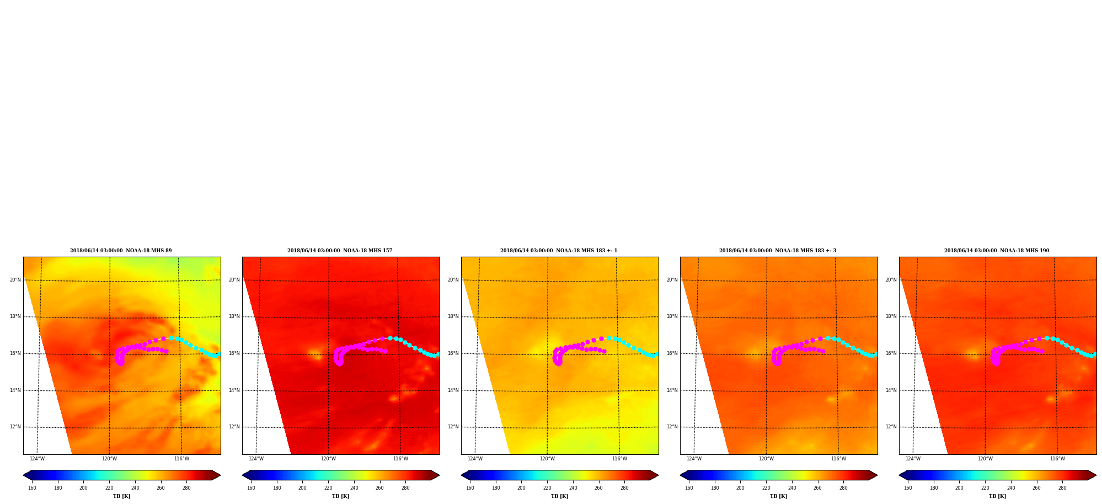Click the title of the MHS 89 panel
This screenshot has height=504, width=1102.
[121, 251]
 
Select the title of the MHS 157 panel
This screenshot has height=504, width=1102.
[340, 251]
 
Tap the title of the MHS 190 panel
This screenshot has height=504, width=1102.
[997, 251]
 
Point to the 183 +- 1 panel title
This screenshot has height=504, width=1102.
[559, 251]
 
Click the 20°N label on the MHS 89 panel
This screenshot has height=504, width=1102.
[15, 280]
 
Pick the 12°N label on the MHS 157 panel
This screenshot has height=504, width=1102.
[234, 427]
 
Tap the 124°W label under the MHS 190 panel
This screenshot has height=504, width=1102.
[913, 459]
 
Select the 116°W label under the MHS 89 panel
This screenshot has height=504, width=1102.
[181, 459]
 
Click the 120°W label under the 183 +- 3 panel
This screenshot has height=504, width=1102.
[766, 459]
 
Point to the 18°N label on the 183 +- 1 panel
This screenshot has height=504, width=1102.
[453, 317]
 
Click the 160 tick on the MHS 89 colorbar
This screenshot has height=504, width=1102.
[32, 488]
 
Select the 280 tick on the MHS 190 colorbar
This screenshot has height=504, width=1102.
[1062, 488]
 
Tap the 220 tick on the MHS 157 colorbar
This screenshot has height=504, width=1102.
[328, 488]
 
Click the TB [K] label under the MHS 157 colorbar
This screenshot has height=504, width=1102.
[340, 496]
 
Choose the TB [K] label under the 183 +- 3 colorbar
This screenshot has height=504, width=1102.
[778, 496]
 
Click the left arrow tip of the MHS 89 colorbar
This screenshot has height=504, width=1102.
[23, 475]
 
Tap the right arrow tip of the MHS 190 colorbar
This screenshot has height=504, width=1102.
[1096, 475]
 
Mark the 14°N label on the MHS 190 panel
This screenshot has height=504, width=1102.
[891, 390]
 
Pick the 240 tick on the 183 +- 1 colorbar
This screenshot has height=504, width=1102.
[573, 488]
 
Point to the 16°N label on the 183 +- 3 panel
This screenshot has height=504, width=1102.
[672, 353]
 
